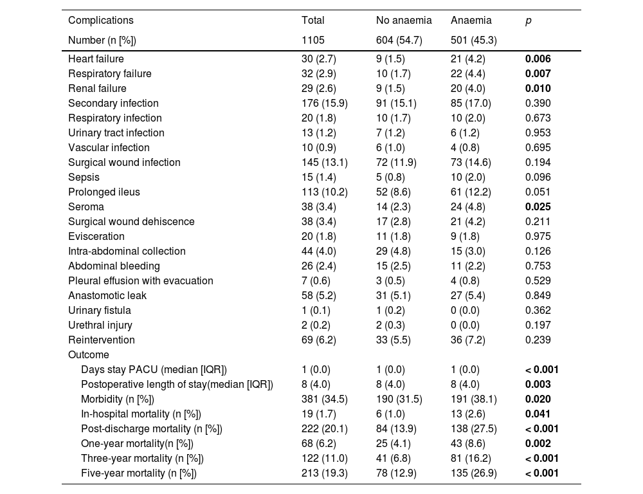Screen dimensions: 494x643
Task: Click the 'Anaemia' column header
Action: [x=471, y=21]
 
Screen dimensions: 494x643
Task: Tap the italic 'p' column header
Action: [x=529, y=21]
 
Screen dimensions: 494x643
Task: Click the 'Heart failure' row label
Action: [x=96, y=59]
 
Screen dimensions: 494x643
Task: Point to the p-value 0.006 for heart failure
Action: [x=538, y=59]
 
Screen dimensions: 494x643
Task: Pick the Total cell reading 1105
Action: [x=313, y=41]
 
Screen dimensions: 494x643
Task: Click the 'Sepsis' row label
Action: [x=84, y=177]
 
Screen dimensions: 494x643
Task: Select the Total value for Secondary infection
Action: [x=325, y=103]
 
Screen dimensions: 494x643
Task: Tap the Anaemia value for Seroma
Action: [x=470, y=206]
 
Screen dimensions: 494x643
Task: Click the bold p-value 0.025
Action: [x=538, y=206]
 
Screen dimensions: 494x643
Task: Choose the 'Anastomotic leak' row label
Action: [x=107, y=295]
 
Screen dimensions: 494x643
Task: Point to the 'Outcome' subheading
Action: [x=89, y=354]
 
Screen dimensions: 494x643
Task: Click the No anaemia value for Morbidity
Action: [x=399, y=399]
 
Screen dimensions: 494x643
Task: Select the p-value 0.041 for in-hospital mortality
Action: [x=538, y=414]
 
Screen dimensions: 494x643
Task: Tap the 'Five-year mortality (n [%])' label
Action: [x=138, y=473]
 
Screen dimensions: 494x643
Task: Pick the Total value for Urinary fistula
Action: [x=316, y=310]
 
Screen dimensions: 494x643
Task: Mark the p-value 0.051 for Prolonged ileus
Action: [x=538, y=192]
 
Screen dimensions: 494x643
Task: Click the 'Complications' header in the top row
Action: [x=101, y=21]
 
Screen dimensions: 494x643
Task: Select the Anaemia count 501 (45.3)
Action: [x=473, y=41]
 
